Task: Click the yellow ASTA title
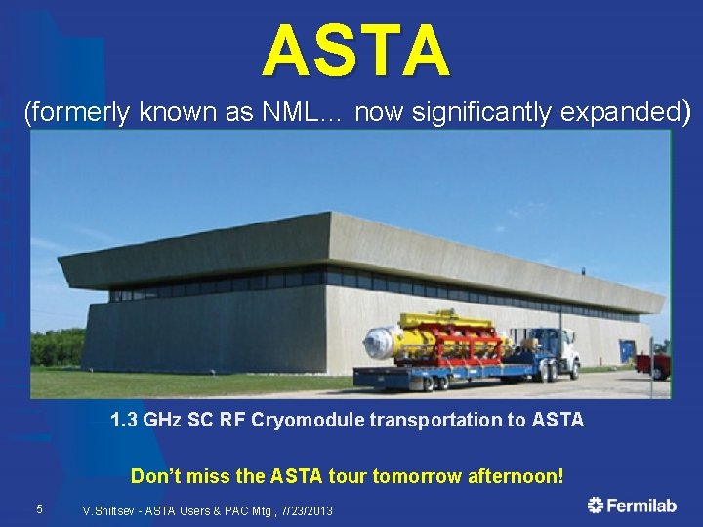355,51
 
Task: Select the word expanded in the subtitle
621,113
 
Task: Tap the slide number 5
39,508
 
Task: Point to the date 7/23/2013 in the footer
304,510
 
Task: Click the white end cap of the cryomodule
377,345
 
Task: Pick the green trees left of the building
57,346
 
